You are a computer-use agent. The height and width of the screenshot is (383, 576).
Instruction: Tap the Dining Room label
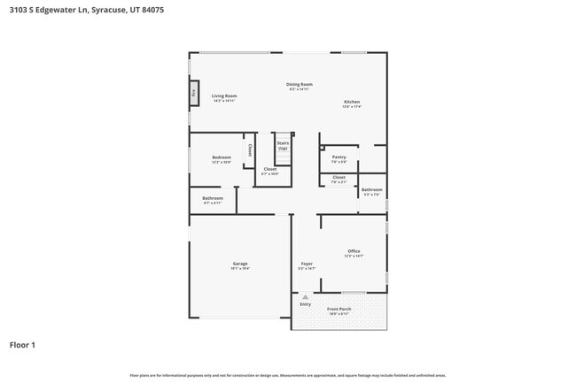(300, 85)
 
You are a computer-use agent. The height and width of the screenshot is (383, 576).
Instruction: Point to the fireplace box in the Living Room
(193, 91)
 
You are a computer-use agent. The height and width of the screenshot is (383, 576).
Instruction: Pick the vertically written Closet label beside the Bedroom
(250, 149)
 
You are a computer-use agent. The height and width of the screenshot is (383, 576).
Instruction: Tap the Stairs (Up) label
(283, 145)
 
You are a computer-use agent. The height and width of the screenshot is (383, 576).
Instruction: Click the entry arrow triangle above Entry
(305, 297)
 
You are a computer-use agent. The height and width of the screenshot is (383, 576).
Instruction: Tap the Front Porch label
(339, 309)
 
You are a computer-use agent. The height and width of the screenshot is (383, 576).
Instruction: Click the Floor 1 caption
(22, 344)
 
